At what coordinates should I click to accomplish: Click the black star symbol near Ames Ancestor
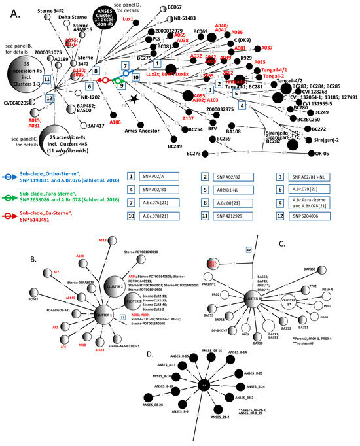134,98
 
